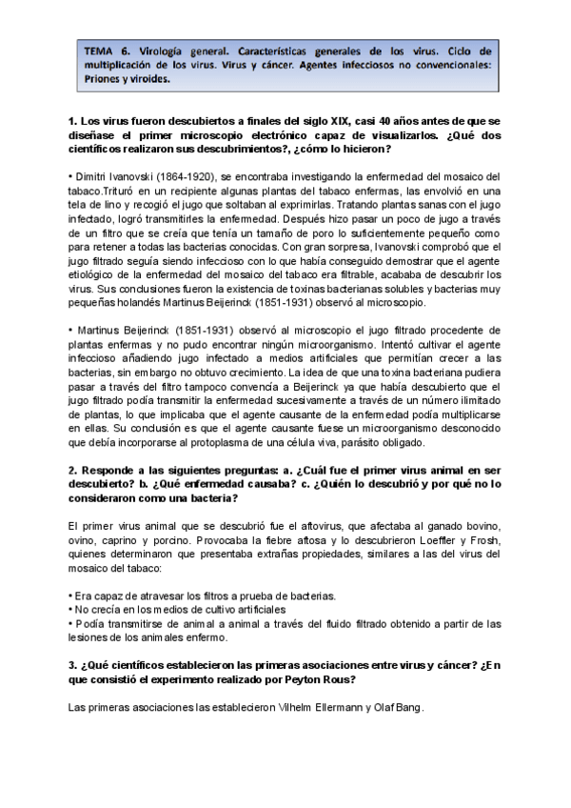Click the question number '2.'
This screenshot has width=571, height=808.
74,471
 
